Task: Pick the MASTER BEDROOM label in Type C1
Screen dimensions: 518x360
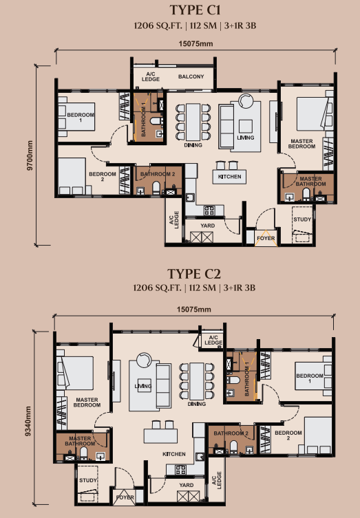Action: [301, 144]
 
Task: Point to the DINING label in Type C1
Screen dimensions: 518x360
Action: [193, 146]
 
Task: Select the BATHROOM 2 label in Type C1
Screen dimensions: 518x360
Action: [157, 175]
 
